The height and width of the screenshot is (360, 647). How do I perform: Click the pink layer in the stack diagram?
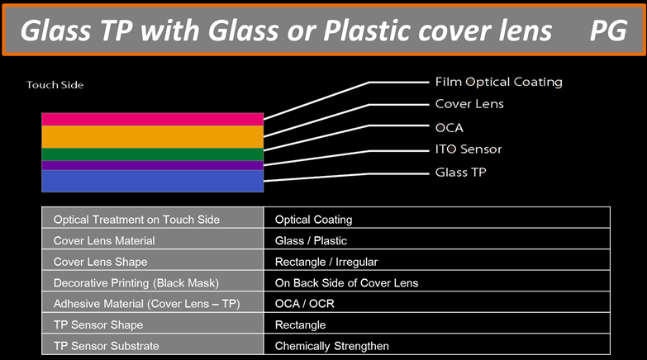pyautogui.click(x=153, y=119)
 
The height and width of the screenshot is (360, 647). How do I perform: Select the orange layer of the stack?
pyautogui.click(x=153, y=137)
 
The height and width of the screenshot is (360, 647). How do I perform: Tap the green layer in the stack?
pyautogui.click(x=153, y=154)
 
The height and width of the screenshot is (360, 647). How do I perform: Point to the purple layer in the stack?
pyautogui.click(x=153, y=165)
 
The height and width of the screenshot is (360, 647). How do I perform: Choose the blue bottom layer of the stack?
pyautogui.click(x=153, y=181)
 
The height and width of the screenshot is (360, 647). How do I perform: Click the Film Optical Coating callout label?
pyautogui.click(x=499, y=82)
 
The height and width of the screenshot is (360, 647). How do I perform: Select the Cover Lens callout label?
pyautogui.click(x=469, y=104)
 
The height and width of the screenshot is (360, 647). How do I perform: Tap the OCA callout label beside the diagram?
pyautogui.click(x=450, y=128)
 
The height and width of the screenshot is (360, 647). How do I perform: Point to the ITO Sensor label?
pyautogui.click(x=469, y=149)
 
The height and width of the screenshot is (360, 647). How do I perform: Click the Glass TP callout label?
pyautogui.click(x=461, y=173)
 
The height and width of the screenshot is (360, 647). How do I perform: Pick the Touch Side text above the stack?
pyautogui.click(x=55, y=85)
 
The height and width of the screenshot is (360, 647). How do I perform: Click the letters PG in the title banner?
pyautogui.click(x=608, y=31)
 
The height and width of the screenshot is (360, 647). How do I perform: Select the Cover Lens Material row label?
pyautogui.click(x=104, y=241)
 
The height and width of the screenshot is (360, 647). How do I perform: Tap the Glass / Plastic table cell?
pyautogui.click(x=311, y=241)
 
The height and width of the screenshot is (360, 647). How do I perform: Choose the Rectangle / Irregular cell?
pyautogui.click(x=326, y=262)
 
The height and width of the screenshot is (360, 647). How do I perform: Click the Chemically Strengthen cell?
pyautogui.click(x=331, y=346)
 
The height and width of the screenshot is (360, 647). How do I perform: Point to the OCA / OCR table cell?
pyautogui.click(x=305, y=304)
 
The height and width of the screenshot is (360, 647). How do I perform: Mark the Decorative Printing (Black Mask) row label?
pyautogui.click(x=136, y=283)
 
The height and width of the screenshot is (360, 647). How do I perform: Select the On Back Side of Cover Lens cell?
pyautogui.click(x=346, y=283)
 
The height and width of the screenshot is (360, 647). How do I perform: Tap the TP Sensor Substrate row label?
pyautogui.click(x=106, y=346)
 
